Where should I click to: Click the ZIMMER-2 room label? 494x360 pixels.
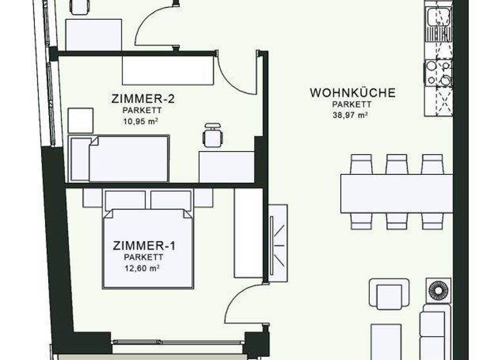(143, 99)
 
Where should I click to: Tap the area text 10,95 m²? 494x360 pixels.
(141, 120)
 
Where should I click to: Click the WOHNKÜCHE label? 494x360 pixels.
(352, 93)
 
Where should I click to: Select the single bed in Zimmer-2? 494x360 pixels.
(120, 158)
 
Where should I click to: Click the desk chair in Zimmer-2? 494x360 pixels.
(212, 136)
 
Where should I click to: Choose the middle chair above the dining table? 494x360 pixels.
(396, 163)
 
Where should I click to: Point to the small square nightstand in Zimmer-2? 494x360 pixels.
(81, 120)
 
